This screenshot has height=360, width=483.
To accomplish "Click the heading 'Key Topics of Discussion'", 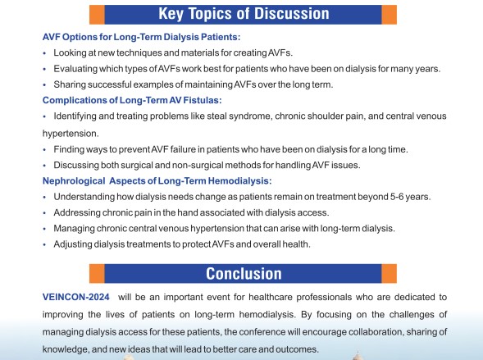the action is pos(244,14).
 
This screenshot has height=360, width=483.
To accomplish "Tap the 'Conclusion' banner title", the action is pos(244,273).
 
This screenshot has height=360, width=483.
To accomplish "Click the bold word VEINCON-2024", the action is pos(75,297).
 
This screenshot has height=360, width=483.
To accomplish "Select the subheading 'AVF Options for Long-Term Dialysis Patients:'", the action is pos(141,37).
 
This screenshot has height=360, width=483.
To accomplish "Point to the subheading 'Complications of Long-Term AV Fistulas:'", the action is pos(132,100).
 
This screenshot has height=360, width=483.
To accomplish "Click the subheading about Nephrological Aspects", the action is pos(157,180).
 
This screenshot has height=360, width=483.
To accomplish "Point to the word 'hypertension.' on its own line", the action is pos(71,134).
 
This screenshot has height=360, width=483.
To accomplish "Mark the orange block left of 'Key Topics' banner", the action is pos(97,15).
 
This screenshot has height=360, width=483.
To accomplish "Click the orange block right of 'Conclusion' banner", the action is pos(389,273).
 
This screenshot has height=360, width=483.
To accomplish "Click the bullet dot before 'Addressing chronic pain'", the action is pos(44,212).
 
